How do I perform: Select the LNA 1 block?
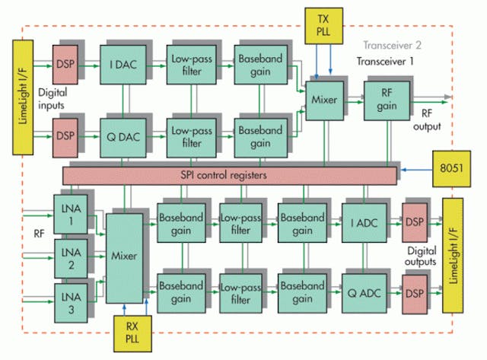[x=69, y=211]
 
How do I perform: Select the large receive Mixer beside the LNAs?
[x=123, y=257]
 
